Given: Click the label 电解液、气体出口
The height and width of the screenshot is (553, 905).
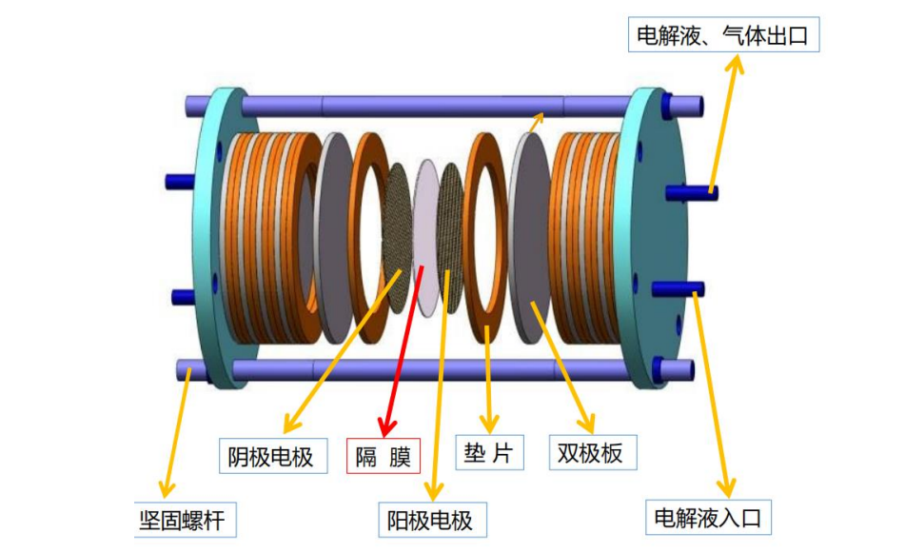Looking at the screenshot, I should coord(724,37).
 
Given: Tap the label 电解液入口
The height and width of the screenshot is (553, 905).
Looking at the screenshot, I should coord(708,517).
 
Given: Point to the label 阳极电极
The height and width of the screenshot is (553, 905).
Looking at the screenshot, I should coord(429,520).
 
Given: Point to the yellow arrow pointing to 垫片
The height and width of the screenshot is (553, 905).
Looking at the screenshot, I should coord(489,381).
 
